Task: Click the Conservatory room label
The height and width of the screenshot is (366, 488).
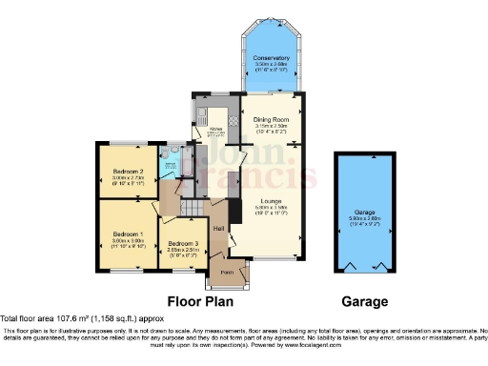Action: click(271, 58)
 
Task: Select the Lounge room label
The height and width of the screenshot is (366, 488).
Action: click(271, 202)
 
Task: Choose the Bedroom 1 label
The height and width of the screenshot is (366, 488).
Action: click(127, 234)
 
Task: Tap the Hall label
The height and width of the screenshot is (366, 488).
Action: click(218, 229)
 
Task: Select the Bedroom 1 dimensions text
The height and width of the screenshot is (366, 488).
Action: click(127, 241)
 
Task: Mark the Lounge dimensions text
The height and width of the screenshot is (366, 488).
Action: click(271, 210)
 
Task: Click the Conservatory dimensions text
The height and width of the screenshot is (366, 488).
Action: click(271, 66)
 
